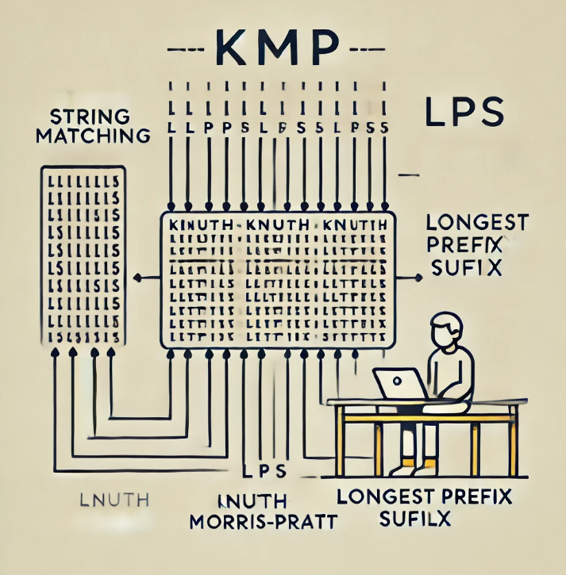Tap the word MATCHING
(x=98, y=135)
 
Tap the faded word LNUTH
(x=115, y=500)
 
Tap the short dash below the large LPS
(x=410, y=173)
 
